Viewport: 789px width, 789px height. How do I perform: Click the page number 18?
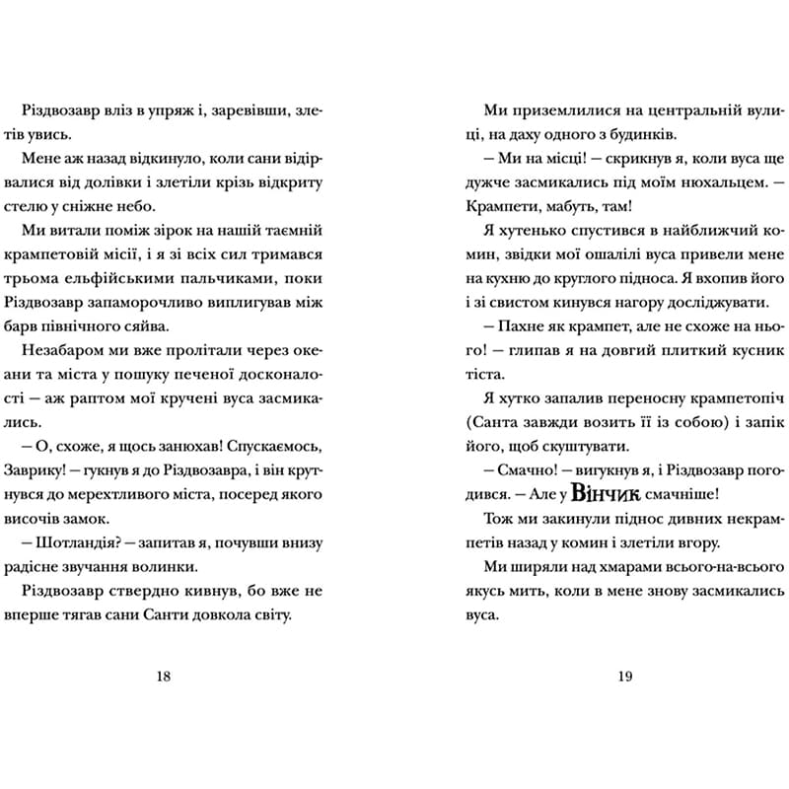[x=164, y=676]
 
